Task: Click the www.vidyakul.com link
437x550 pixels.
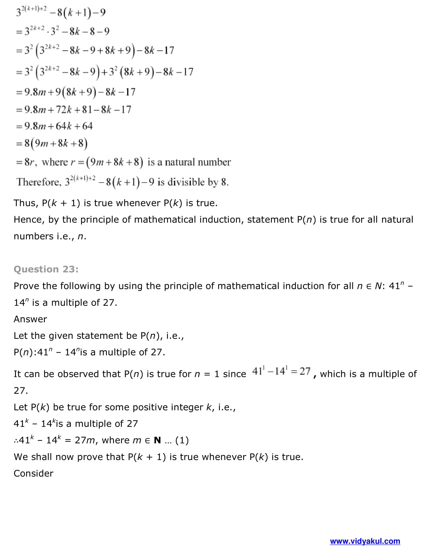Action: (x=365, y=541)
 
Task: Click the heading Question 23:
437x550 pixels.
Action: (x=46, y=269)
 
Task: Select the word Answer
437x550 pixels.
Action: (x=30, y=319)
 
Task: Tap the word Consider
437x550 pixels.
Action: (x=33, y=473)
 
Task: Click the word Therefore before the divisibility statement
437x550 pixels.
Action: (x=39, y=182)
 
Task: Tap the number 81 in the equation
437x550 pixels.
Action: (x=87, y=109)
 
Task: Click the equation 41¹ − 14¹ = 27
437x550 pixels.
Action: (x=281, y=371)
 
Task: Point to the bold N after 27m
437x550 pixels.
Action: (x=157, y=440)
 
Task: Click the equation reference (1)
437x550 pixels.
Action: (x=182, y=440)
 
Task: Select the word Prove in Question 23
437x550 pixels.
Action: (x=26, y=286)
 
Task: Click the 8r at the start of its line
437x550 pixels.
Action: (x=29, y=162)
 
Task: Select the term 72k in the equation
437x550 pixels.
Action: (x=64, y=109)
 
